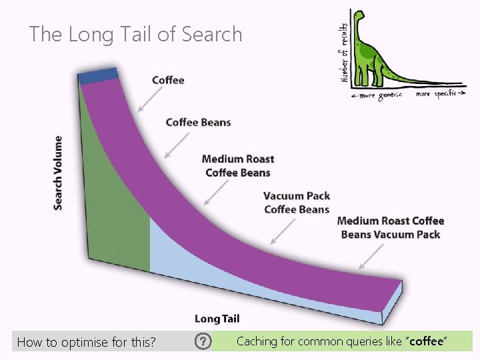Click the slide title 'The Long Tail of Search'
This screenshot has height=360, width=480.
tap(135, 35)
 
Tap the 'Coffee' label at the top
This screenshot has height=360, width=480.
tap(168, 80)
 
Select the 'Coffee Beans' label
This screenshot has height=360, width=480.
tap(198, 122)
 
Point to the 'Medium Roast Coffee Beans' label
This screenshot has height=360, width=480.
tap(238, 166)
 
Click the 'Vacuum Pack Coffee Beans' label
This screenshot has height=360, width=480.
tap(297, 203)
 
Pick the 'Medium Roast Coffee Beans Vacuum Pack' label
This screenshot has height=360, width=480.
tap(391, 227)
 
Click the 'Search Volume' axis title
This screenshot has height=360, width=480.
tap(59, 173)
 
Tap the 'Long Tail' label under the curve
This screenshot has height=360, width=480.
tap(217, 319)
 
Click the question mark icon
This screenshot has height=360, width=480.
tap(203, 342)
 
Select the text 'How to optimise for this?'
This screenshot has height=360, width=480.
tap(87, 343)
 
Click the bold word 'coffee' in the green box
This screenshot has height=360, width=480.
tap(426, 341)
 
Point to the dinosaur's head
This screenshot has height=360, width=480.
tap(360, 16)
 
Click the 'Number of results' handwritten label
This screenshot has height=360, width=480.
tap(345, 50)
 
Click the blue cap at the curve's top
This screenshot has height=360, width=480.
tap(98, 75)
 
